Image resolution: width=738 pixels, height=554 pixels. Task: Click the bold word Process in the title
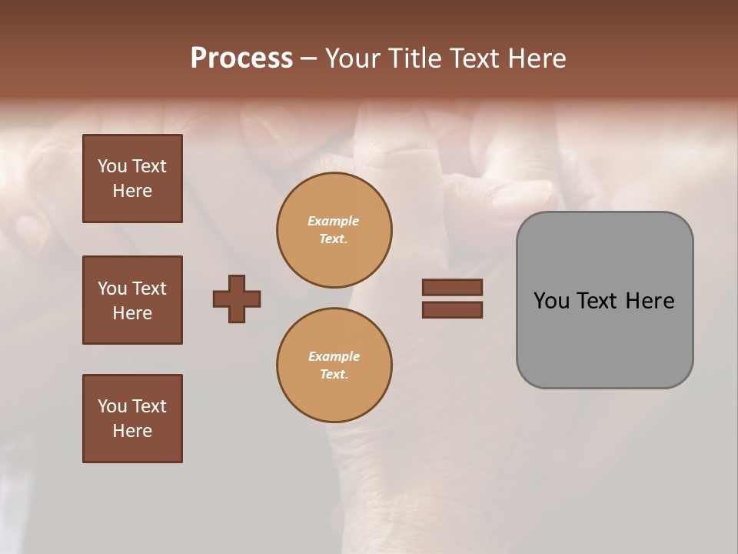[x=241, y=58]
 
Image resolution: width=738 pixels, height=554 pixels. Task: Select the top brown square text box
[x=132, y=179]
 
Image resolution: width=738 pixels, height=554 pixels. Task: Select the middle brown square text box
[x=132, y=300]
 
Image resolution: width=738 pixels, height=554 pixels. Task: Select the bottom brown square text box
[x=132, y=418]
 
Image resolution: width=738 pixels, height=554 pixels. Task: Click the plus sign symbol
[x=237, y=299]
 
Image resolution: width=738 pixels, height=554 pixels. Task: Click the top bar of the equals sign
[x=452, y=287]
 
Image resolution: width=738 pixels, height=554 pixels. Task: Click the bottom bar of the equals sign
[x=452, y=309]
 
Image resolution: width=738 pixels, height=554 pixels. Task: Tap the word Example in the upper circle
[x=334, y=221]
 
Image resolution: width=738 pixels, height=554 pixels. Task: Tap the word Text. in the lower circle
[x=334, y=374]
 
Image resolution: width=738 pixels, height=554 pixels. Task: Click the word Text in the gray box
[x=597, y=301]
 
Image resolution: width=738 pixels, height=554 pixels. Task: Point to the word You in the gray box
[x=552, y=301]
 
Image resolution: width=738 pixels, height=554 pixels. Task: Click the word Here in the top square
[x=132, y=191]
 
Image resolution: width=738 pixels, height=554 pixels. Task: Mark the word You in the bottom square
[x=112, y=406]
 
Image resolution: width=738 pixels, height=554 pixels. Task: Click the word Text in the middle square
[x=149, y=289]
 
